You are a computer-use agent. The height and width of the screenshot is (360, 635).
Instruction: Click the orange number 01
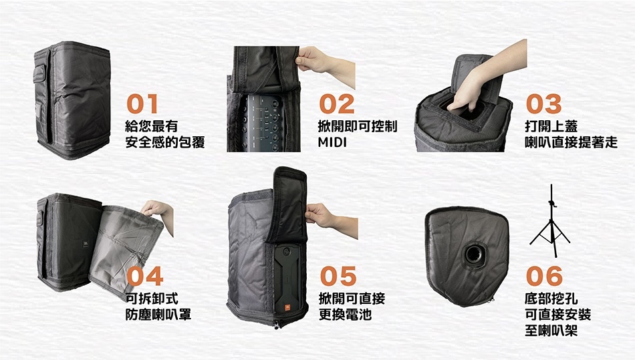pyautogui.click(x=143, y=104)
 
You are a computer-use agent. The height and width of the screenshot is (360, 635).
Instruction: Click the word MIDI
pyautogui.click(x=333, y=142)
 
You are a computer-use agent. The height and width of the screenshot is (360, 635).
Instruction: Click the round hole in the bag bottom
pyautogui.click(x=475, y=253)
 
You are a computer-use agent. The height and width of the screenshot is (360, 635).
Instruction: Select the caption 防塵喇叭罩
pyautogui.click(x=158, y=314)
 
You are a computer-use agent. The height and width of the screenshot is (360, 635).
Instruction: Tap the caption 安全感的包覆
pyautogui.click(x=164, y=142)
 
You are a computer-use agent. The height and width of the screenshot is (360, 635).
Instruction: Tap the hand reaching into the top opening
pyautogui.click(x=468, y=94)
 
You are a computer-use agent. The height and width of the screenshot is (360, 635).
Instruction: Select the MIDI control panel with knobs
pyautogui.click(x=264, y=124)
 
